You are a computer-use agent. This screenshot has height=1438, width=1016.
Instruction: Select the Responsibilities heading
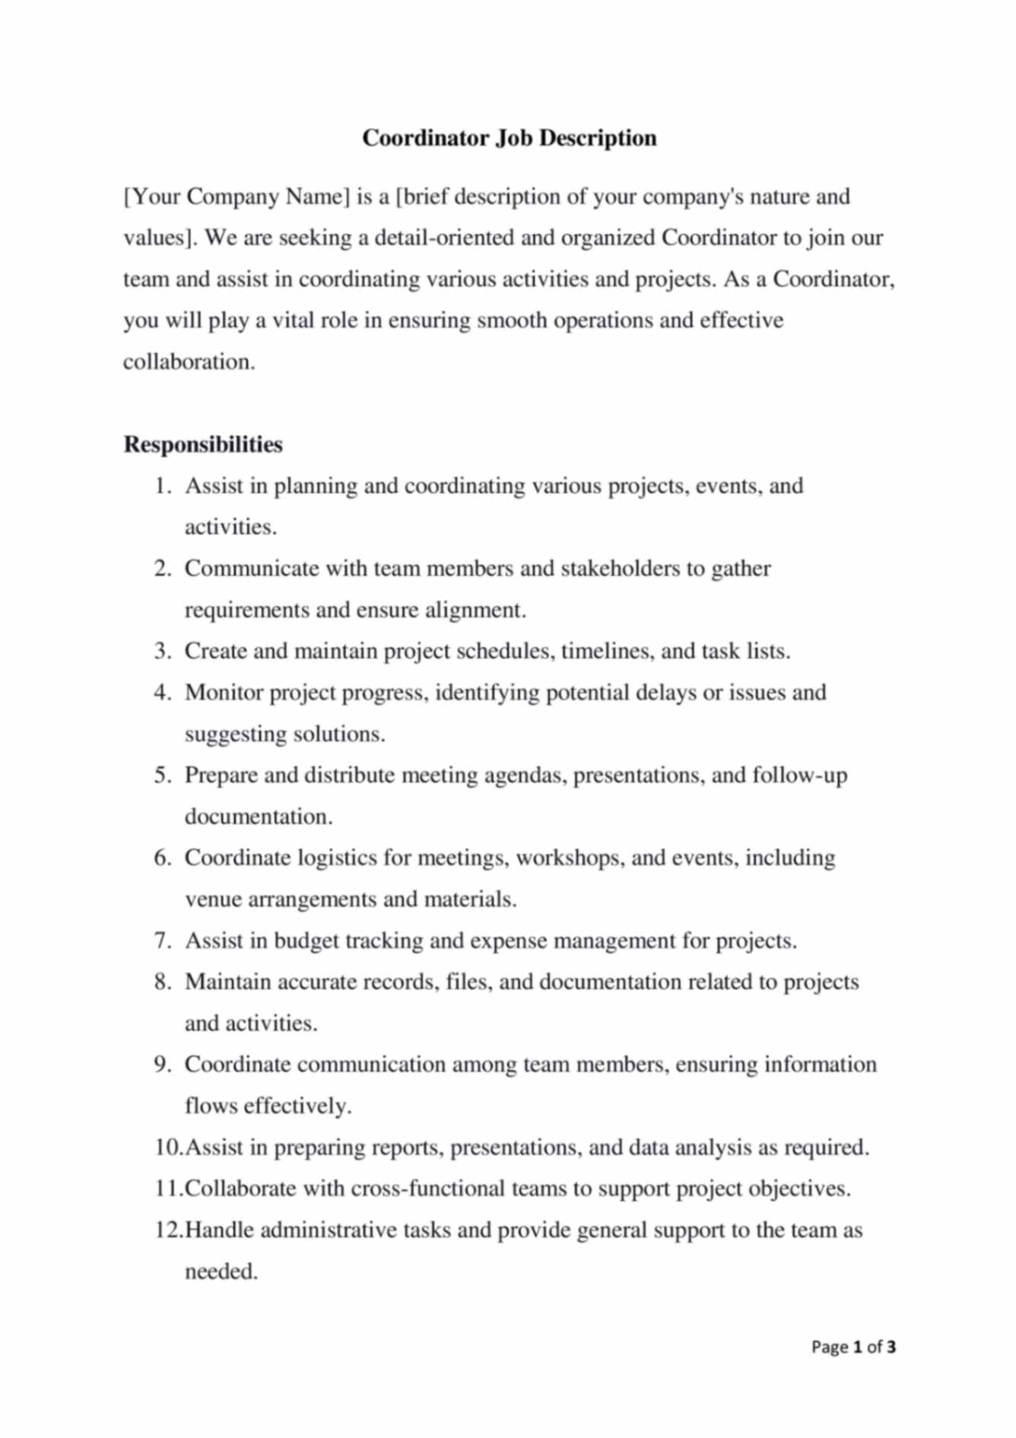[x=203, y=445]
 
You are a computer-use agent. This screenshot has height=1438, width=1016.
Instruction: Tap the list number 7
[x=163, y=941]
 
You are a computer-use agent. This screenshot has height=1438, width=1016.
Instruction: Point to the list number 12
[x=168, y=1230]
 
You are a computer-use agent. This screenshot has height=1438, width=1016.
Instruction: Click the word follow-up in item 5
[x=799, y=776]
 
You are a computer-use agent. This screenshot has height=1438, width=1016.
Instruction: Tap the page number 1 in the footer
[x=858, y=1348]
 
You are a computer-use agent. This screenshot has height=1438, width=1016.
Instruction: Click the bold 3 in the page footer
[x=891, y=1348]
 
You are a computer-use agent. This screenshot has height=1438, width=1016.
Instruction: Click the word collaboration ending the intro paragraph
[x=189, y=362]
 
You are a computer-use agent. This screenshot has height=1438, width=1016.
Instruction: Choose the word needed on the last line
[x=221, y=1271]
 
